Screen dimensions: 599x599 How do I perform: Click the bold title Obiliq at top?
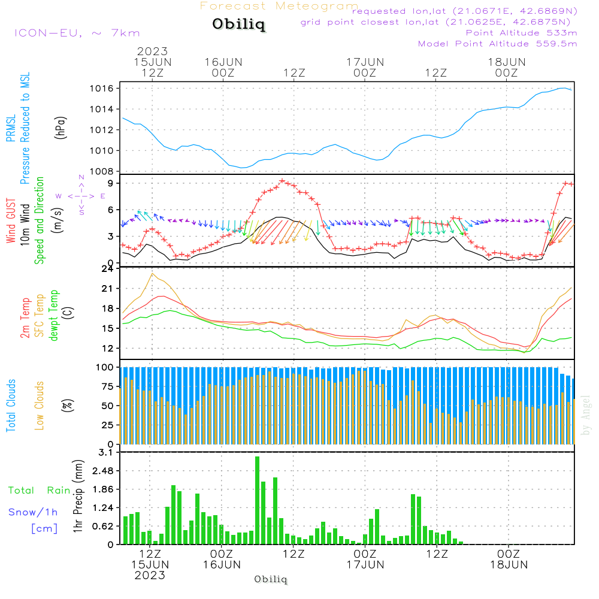point(238,25)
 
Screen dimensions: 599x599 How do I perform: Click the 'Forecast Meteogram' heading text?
point(279,6)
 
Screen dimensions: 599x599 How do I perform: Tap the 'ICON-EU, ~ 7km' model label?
point(77,33)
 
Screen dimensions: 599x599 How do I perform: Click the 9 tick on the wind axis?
point(111,183)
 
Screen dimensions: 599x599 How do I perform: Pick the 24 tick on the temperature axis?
point(108,269)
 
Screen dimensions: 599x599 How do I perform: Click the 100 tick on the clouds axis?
point(105,367)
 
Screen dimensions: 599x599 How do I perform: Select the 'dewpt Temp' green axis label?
point(54,315)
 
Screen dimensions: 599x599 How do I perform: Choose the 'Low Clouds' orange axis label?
point(40,405)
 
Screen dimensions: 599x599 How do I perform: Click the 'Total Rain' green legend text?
point(39,491)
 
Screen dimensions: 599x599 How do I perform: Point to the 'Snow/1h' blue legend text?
point(33,512)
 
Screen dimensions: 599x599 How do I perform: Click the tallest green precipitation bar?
point(257,500)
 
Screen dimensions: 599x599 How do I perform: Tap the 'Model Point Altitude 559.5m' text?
point(497,44)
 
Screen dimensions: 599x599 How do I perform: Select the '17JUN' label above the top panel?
point(364,62)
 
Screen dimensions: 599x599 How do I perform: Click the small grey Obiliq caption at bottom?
point(271,579)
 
